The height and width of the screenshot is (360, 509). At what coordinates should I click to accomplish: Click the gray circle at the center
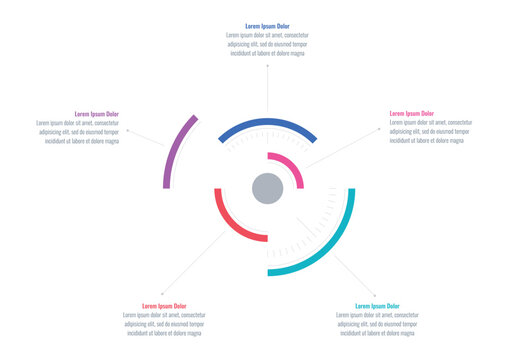tap(267, 187)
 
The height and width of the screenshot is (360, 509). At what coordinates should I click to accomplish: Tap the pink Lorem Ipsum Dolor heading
tap(411, 114)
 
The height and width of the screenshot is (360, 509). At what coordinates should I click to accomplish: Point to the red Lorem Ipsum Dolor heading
tap(164, 306)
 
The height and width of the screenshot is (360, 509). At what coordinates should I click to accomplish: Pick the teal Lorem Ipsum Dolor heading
tap(377, 306)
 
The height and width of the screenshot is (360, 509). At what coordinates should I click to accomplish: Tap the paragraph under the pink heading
tap(427, 133)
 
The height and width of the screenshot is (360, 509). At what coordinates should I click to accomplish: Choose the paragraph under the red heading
tap(164, 325)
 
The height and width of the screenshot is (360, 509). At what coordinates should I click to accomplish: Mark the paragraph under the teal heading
tap(377, 325)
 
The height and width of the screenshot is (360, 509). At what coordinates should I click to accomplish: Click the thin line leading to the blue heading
tap(267, 85)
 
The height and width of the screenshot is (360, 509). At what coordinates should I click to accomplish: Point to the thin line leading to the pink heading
tap(345, 147)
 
